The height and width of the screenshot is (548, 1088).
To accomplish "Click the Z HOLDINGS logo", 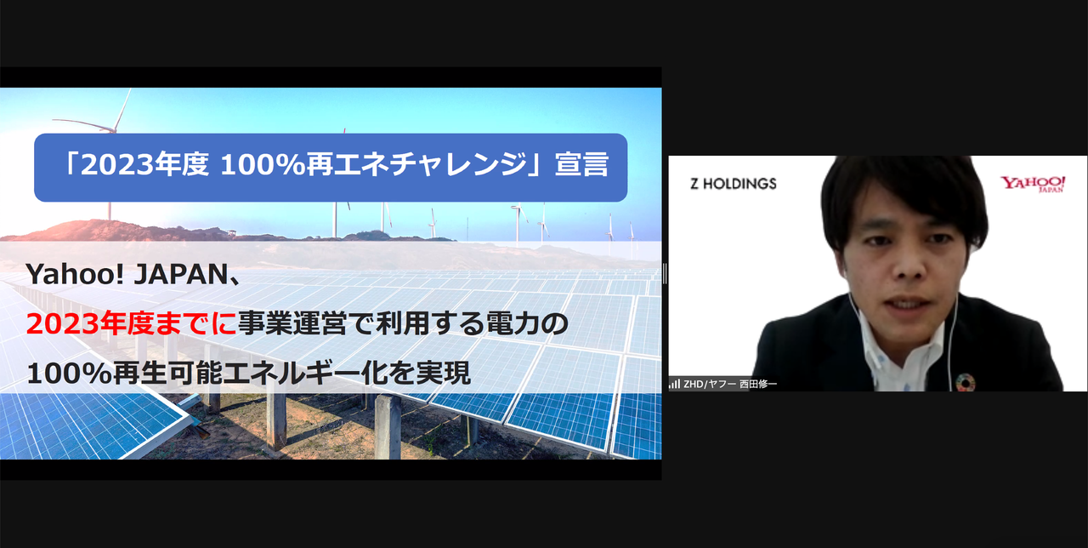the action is point(733,183).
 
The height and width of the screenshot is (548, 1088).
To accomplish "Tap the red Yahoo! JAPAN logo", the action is point(1033,184).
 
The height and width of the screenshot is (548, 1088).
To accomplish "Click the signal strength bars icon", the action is point(674,384).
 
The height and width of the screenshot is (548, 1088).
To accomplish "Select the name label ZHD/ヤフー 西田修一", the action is point(730,384).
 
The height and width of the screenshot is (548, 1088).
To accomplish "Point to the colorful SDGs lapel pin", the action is point(965,382).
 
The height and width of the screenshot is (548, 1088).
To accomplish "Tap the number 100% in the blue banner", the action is point(263,165).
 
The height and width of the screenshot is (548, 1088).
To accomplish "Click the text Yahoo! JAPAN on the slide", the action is point(127,274).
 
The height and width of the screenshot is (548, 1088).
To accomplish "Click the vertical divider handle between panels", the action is point(665,274).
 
